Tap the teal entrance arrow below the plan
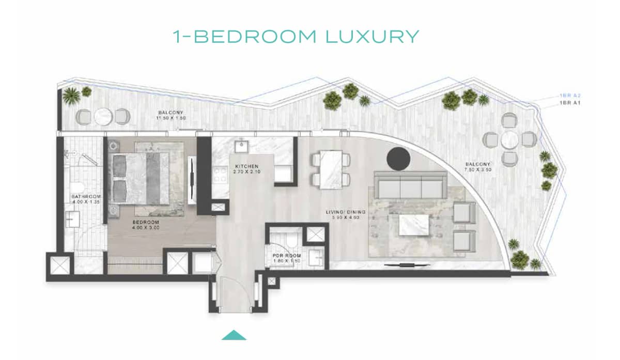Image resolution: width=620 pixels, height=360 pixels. (x=234, y=335)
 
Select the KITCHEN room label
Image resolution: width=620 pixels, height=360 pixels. (x=246, y=166)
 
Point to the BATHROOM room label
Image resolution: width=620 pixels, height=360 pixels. (x=86, y=197)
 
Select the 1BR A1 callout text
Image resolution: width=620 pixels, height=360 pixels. (x=571, y=104)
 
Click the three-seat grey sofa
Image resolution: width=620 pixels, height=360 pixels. (x=411, y=186)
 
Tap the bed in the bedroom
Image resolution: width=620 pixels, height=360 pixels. (x=145, y=178)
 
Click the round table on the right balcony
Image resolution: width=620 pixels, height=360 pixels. (x=509, y=139)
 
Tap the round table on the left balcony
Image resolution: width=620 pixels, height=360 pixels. (x=103, y=116)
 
